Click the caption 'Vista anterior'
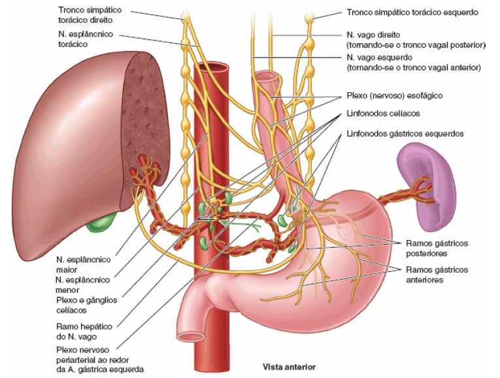point(289,367)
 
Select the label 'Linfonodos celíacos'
point(383,114)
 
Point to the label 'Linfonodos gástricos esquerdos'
point(405,133)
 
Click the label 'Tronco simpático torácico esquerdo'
point(412,12)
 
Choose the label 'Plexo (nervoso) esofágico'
point(395,95)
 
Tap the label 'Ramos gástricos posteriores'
point(437,248)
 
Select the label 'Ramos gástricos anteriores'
point(437,275)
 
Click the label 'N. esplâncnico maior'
point(83,264)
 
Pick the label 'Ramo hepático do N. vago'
point(84,332)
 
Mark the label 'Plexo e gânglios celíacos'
point(86,305)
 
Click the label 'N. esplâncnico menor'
point(82,285)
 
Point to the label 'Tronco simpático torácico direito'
point(90,14)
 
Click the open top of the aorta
point(211,67)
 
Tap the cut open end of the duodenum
point(191,336)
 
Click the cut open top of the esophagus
point(268,77)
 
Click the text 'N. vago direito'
point(373,35)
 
